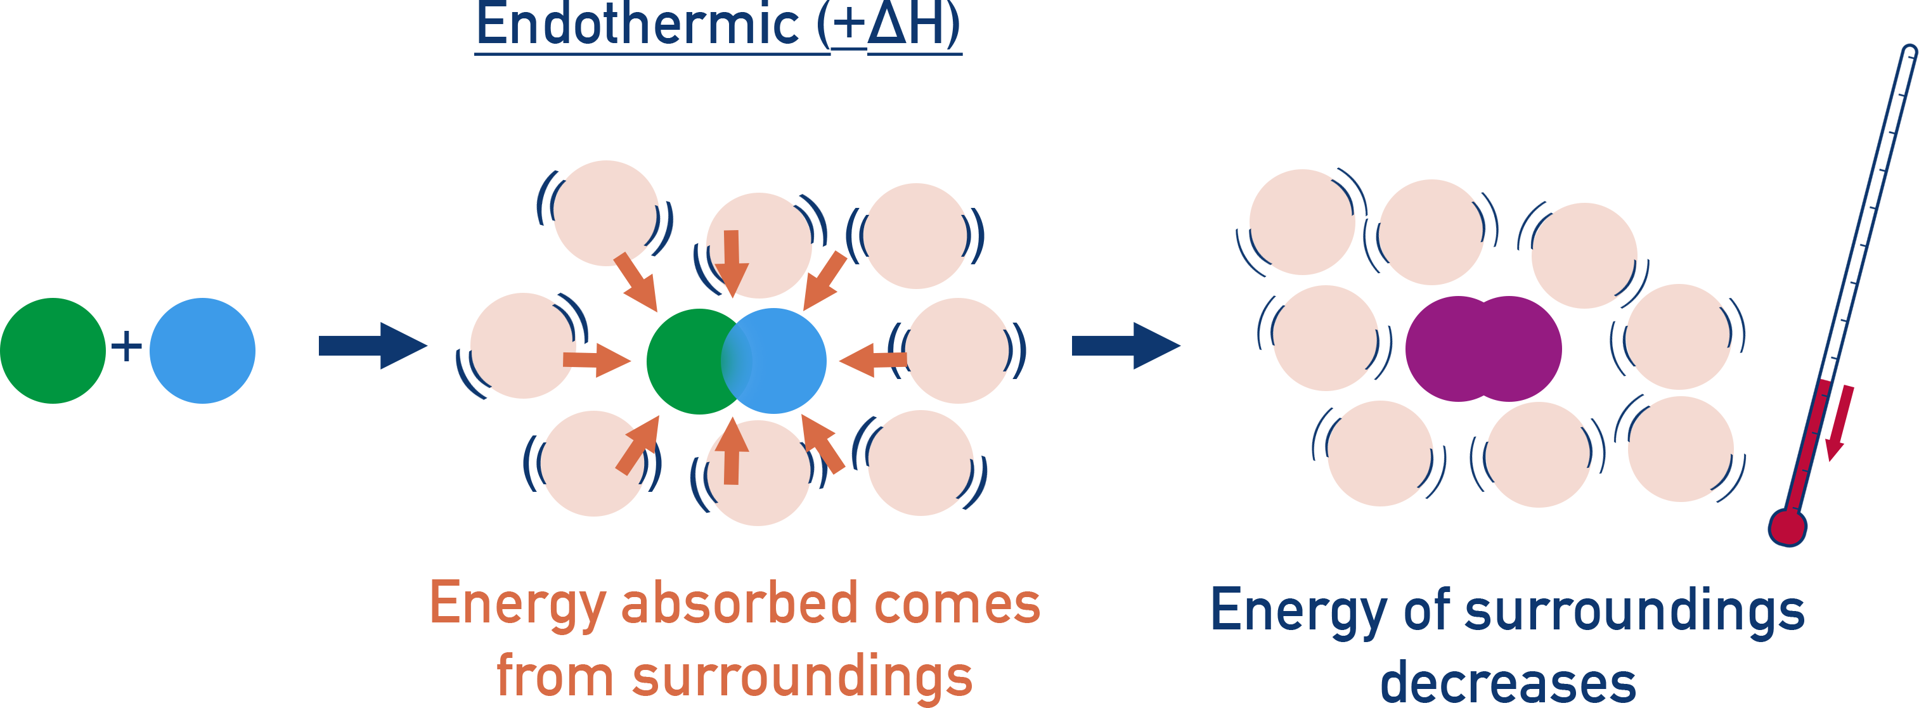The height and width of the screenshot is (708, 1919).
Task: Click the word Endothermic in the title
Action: pyautogui.click(x=637, y=25)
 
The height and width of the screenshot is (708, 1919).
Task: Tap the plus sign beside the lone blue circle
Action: pyautogui.click(x=127, y=346)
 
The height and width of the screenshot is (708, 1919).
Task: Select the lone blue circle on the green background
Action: pyautogui.click(x=203, y=351)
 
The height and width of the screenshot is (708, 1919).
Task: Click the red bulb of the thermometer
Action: pyautogui.click(x=1787, y=528)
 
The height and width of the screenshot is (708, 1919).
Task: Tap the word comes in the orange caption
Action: pyautogui.click(x=957, y=604)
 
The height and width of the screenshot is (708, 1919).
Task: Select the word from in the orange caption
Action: pyautogui.click(x=554, y=676)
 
